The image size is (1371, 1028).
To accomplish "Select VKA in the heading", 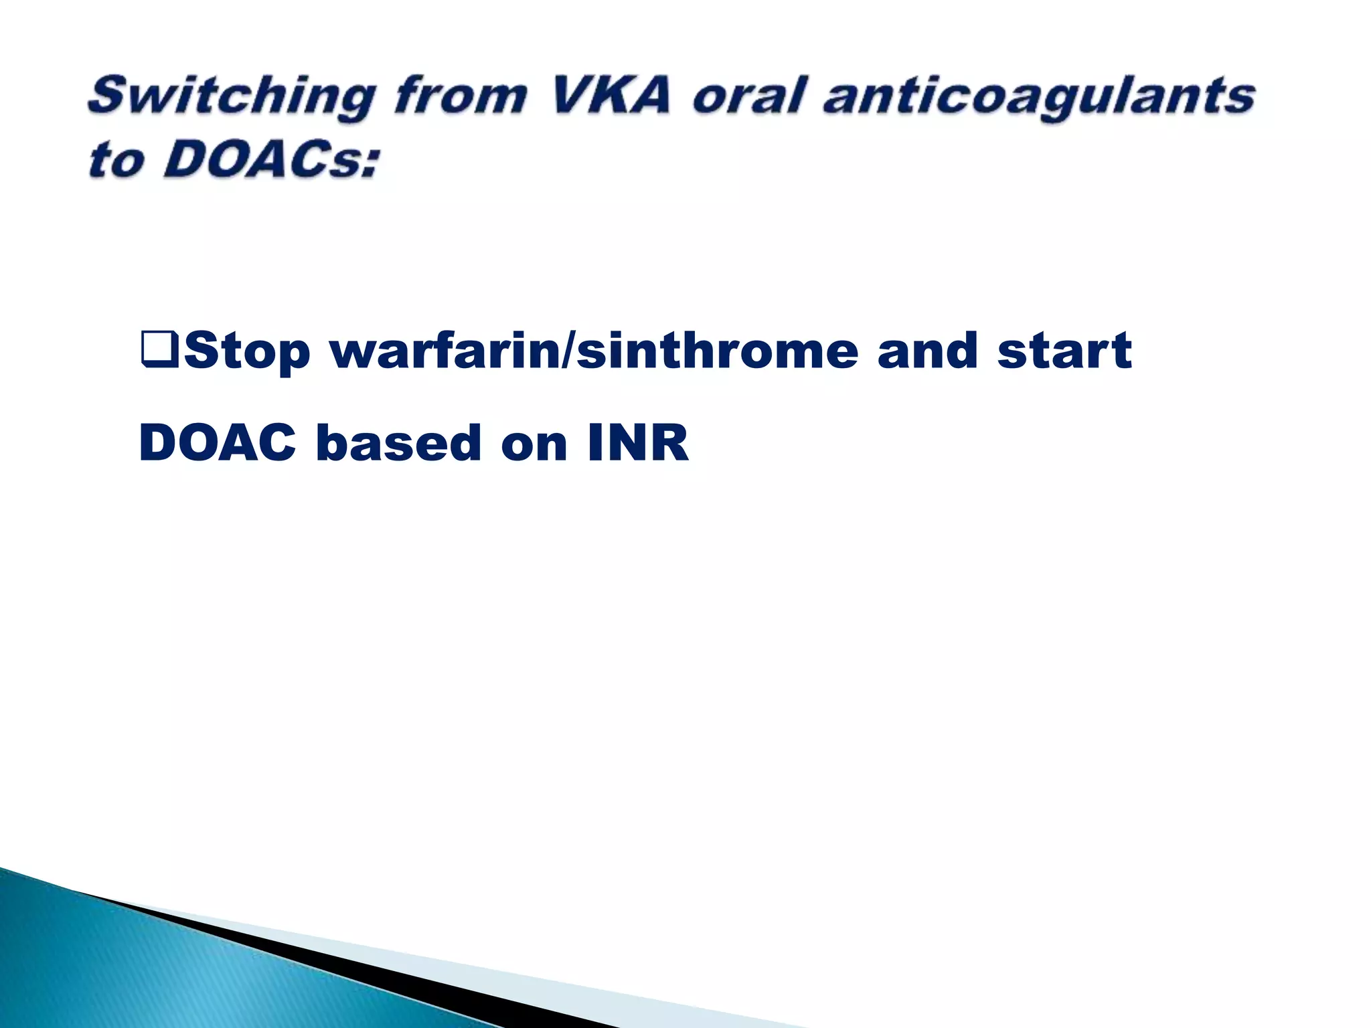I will pyautogui.click(x=609, y=96).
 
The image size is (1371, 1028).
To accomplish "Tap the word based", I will pyautogui.click(x=399, y=443).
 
